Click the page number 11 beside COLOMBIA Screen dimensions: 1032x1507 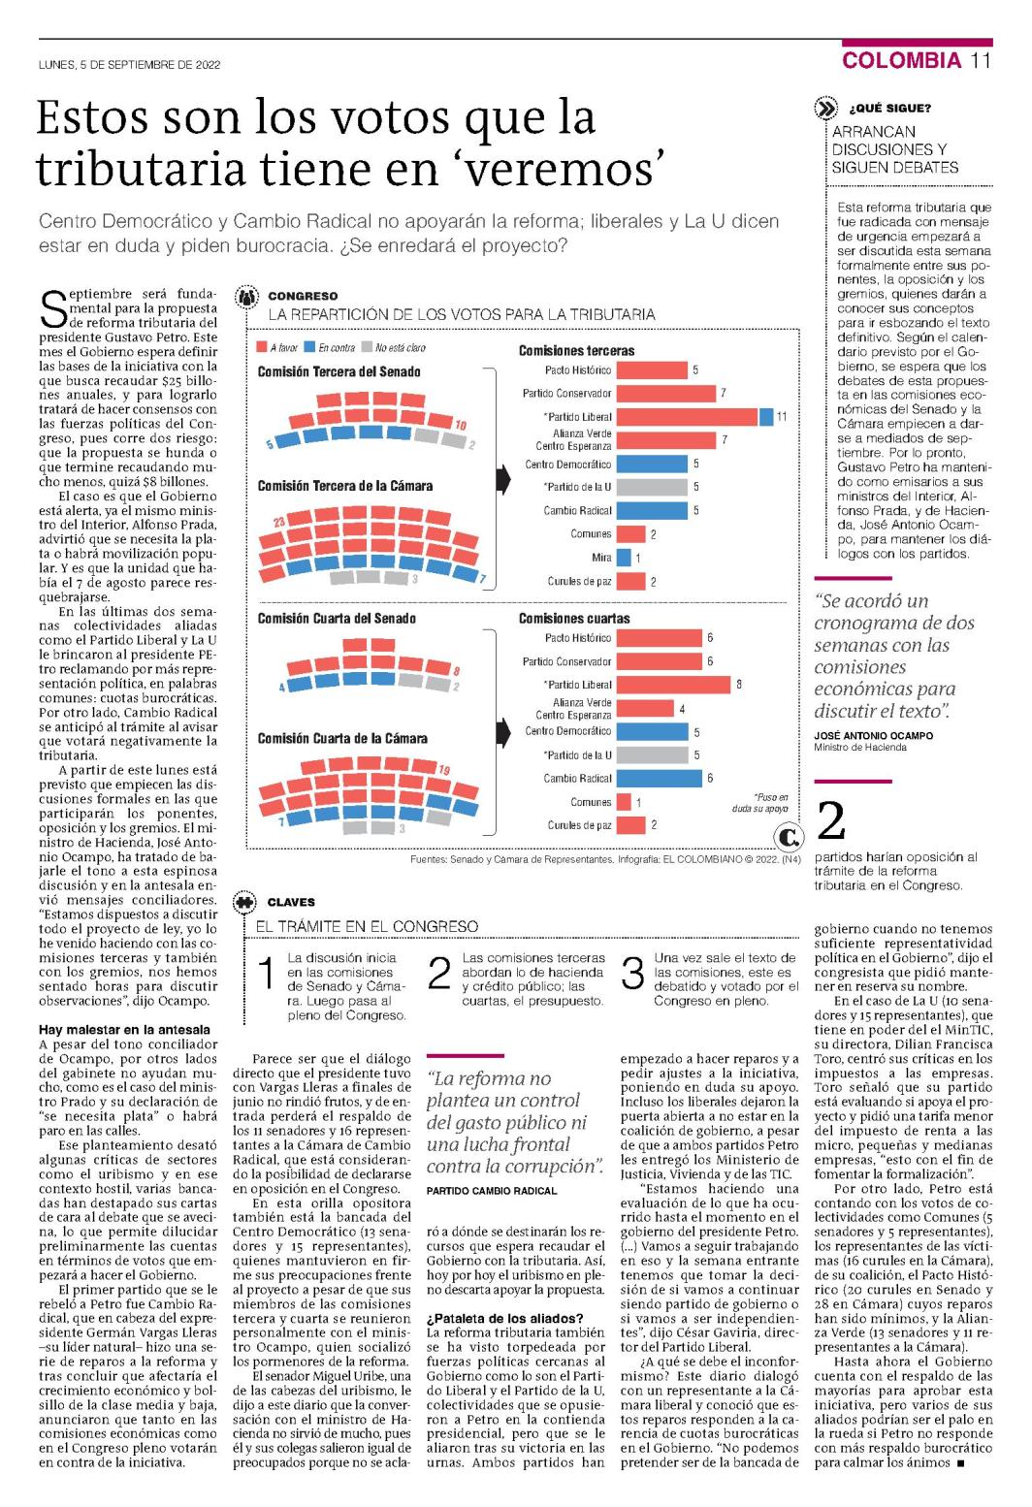click(x=981, y=60)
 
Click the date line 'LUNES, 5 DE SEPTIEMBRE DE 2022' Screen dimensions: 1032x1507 click(x=129, y=65)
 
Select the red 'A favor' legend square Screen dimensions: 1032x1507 click(x=262, y=347)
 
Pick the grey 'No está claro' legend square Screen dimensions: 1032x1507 click(x=367, y=347)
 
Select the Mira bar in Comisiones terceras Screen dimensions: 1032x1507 click(x=624, y=557)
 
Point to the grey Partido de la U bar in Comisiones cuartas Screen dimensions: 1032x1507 click(x=652, y=754)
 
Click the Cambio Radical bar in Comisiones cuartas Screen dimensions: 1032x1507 click(x=660, y=779)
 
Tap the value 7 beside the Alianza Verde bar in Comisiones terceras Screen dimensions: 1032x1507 click(x=725, y=440)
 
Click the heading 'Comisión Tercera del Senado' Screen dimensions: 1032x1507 click(x=339, y=372)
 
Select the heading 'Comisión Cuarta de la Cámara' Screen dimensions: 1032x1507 click(x=342, y=739)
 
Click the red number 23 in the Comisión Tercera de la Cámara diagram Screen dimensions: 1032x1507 click(x=279, y=522)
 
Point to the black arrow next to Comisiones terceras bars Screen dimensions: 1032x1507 click(x=504, y=480)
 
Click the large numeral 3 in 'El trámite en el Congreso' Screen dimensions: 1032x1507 click(x=631, y=975)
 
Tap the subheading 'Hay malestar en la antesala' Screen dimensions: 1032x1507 click(x=124, y=1029)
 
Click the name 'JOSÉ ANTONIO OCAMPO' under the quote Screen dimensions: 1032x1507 click(x=873, y=735)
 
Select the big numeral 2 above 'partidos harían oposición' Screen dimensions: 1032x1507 click(x=831, y=820)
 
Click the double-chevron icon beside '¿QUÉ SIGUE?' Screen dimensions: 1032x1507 click(x=825, y=109)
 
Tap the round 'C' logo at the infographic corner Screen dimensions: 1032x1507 click(x=788, y=837)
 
